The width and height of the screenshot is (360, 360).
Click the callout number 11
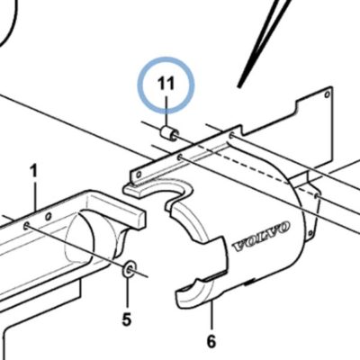pyautogui.click(x=166, y=84)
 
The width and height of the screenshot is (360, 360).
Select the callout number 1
pyautogui.click(x=34, y=171)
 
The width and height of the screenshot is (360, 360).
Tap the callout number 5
pyautogui.click(x=127, y=319)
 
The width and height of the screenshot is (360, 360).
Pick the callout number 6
pyautogui.click(x=211, y=341)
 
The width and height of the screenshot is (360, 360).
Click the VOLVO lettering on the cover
pyautogui.click(x=261, y=237)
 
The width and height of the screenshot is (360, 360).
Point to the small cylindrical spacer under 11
pyautogui.click(x=169, y=134)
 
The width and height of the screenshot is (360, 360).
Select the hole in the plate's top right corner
pyautogui.click(x=328, y=95)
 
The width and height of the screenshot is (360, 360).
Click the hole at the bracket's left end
pyautogui.click(x=139, y=175)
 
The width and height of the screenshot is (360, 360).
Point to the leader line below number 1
pyautogui.click(x=36, y=194)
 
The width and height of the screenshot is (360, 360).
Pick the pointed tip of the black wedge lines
pyautogui.click(x=239, y=87)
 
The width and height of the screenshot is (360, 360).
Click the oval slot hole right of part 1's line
pyautogui.click(x=48, y=215)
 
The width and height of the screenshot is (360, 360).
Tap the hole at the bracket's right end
pyautogui.click(x=231, y=136)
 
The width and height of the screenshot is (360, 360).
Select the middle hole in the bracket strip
pyautogui.click(x=180, y=157)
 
